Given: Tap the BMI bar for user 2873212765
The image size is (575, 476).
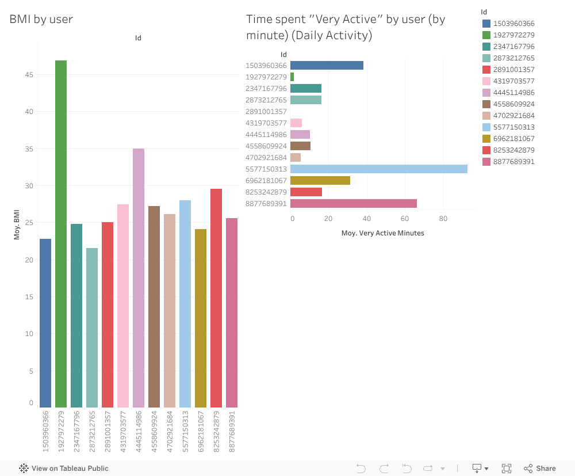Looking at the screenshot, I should click(x=92, y=328).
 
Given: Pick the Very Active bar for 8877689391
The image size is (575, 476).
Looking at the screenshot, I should click(x=353, y=203).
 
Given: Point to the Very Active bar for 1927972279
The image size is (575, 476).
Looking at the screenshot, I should click(x=292, y=77).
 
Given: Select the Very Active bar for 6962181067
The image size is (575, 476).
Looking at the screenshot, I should click(x=320, y=180).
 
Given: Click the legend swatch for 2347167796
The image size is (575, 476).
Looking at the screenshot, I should click(x=486, y=47).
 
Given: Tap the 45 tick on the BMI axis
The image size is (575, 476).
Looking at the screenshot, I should click(x=29, y=75).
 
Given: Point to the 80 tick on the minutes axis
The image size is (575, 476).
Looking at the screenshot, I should click(x=443, y=219).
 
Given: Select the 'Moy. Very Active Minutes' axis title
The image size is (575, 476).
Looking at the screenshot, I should click(x=382, y=233).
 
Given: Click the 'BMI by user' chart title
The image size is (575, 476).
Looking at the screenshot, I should click(x=41, y=19).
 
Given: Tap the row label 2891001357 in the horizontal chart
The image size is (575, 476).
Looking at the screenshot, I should click(x=266, y=111).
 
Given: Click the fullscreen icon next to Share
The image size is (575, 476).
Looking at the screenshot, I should click(x=507, y=469).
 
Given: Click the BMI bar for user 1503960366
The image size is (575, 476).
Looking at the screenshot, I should click(x=45, y=323).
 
